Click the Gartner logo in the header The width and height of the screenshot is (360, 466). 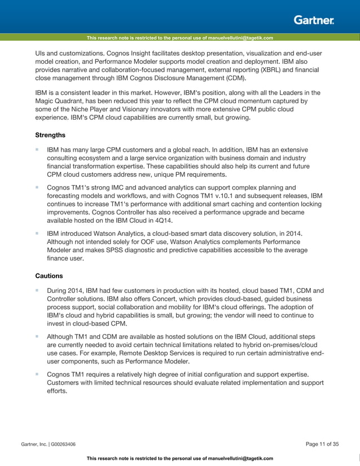click(314, 20)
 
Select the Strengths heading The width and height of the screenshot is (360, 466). click(50, 135)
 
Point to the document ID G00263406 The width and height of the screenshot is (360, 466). click(62, 445)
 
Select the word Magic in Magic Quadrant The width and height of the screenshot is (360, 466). click(46, 102)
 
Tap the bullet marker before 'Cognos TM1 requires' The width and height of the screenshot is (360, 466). click(37, 374)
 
